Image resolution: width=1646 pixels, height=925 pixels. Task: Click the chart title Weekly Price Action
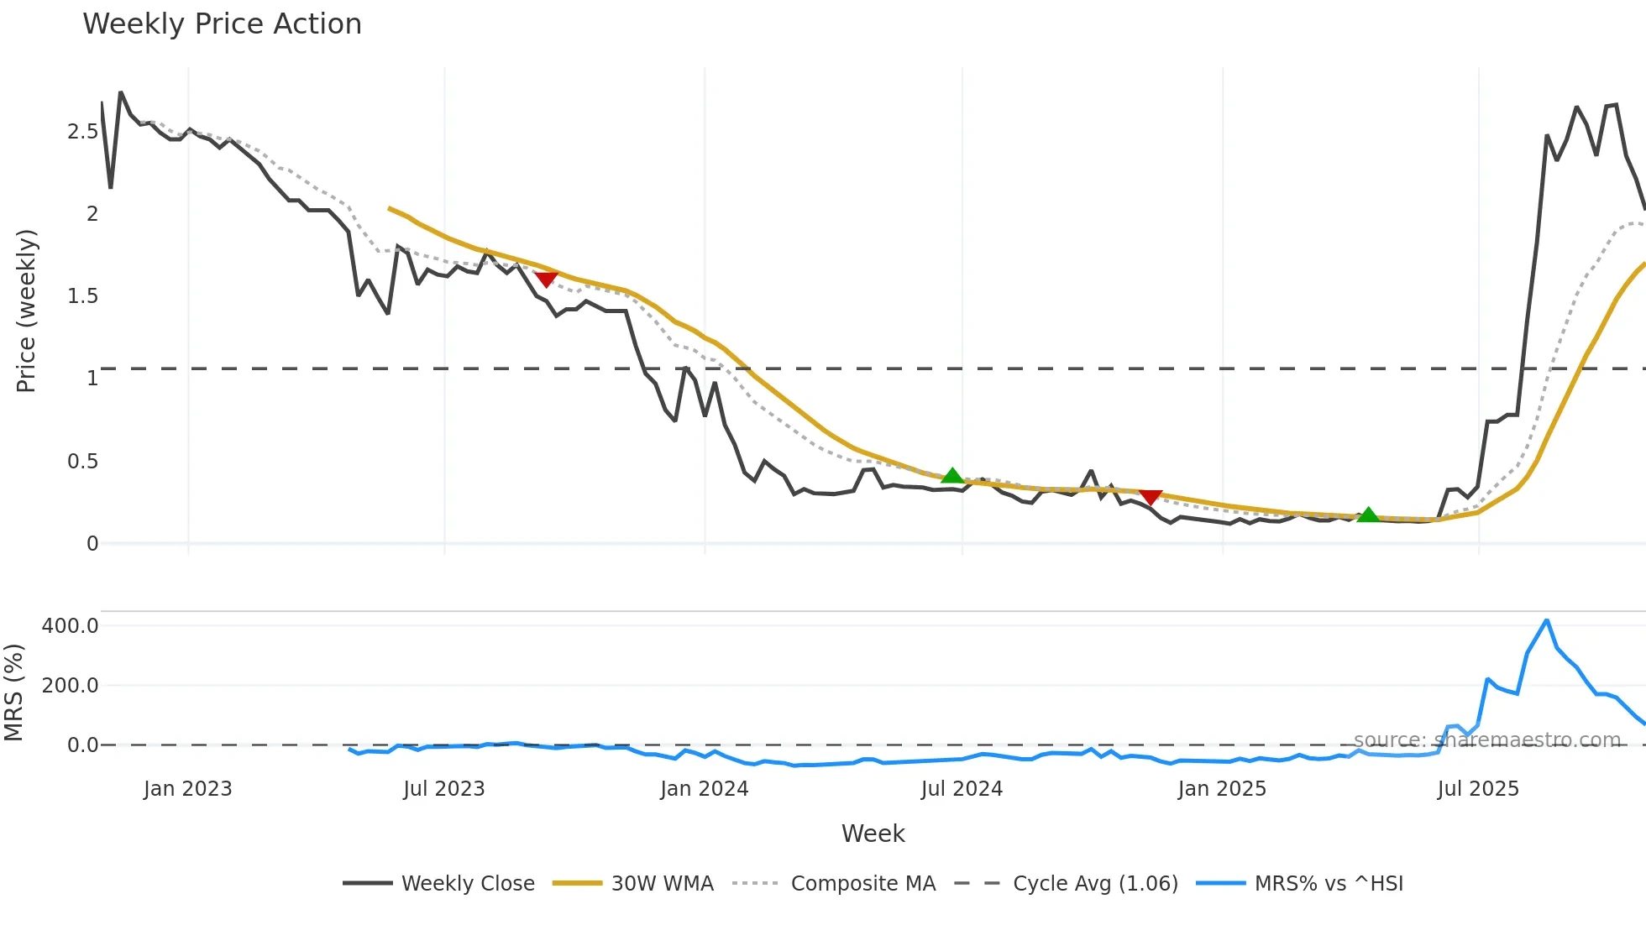tap(222, 24)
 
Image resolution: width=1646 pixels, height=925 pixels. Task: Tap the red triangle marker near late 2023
tap(546, 279)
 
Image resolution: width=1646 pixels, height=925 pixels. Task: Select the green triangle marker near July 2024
tap(951, 476)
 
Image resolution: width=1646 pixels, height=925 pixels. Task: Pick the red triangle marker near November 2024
tap(1151, 497)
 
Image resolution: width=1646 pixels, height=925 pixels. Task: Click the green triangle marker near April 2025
tap(1368, 515)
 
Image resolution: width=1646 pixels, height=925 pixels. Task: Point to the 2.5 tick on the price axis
tap(82, 132)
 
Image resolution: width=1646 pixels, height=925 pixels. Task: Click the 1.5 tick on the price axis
tap(82, 296)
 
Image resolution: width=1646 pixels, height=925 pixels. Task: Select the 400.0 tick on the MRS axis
tap(71, 626)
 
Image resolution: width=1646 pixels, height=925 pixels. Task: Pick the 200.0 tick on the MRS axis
tap(71, 686)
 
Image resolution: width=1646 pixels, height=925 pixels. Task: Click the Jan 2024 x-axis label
tap(704, 789)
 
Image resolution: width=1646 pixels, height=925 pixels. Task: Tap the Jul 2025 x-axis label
tap(1478, 789)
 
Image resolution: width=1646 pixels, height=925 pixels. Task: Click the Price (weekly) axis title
tap(26, 311)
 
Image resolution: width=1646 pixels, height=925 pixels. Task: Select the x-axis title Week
tap(873, 834)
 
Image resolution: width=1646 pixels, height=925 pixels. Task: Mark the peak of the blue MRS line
tap(1546, 621)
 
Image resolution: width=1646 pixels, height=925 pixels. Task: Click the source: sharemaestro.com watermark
tap(1486, 740)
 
